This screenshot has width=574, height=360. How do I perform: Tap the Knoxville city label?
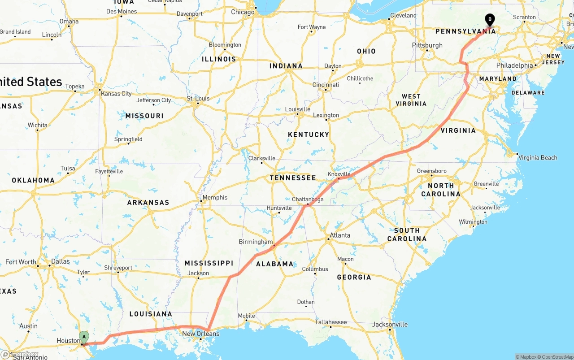[x=339, y=174]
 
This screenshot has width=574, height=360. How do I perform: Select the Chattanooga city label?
[x=308, y=200]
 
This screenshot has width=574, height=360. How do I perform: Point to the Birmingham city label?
[x=256, y=242]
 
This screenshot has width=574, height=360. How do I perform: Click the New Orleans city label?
[x=200, y=334]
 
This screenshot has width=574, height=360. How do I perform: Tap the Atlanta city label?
[x=340, y=235]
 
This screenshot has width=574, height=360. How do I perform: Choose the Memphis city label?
[x=215, y=197]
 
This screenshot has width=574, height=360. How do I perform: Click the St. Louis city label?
[x=198, y=99]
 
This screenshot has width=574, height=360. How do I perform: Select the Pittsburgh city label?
[x=427, y=45]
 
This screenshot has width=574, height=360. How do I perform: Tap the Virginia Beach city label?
[x=537, y=157]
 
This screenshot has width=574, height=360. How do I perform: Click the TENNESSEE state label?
[x=293, y=178]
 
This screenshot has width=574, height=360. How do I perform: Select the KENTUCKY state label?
[x=309, y=134]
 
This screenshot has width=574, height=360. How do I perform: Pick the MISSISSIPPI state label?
[x=209, y=263]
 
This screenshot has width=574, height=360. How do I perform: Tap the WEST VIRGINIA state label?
[x=411, y=100]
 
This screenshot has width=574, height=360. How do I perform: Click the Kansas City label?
[x=116, y=94]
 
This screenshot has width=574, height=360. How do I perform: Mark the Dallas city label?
[x=61, y=261]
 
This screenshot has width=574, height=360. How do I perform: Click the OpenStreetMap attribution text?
[x=557, y=357]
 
